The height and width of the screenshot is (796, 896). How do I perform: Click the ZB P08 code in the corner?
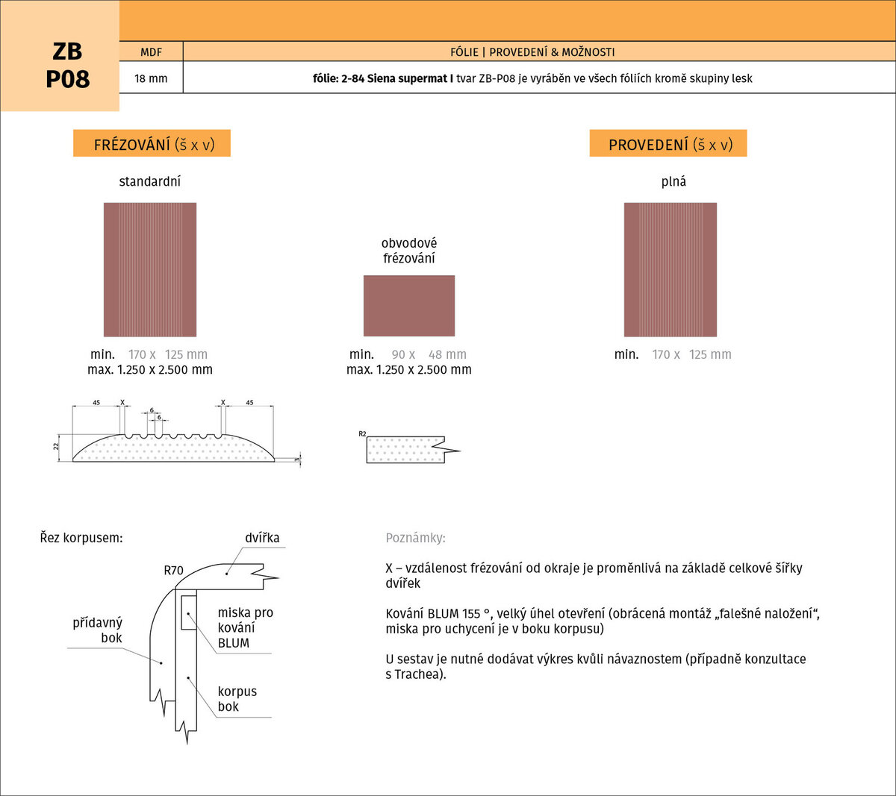[67, 66]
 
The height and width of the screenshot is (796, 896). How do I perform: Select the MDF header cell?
[152, 51]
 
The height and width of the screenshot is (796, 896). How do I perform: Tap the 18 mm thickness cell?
[152, 78]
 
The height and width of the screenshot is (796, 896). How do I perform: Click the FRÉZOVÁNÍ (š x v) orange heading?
[152, 143]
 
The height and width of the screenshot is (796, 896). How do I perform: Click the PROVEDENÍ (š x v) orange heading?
[668, 143]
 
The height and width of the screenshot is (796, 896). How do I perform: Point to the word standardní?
[150, 181]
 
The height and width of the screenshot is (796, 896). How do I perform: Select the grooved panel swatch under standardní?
[150, 269]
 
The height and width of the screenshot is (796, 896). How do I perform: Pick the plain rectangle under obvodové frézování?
[409, 306]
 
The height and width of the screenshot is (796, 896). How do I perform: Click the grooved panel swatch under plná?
[671, 269]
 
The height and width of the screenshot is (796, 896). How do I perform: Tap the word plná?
[673, 181]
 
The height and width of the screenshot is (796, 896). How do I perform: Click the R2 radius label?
[362, 433]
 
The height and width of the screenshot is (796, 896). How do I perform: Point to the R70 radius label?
[173, 570]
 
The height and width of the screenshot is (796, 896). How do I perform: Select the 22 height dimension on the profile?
[56, 446]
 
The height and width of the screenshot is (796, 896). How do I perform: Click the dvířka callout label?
[262, 537]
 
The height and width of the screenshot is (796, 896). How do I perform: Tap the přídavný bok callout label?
[98, 630]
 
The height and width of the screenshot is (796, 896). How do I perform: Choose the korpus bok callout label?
[237, 699]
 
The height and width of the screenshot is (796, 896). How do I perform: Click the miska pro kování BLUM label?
[246, 627]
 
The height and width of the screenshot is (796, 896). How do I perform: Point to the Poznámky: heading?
[416, 538]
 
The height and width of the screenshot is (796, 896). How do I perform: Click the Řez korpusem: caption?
[81, 538]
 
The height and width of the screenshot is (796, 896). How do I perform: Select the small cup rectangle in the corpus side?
[189, 612]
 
